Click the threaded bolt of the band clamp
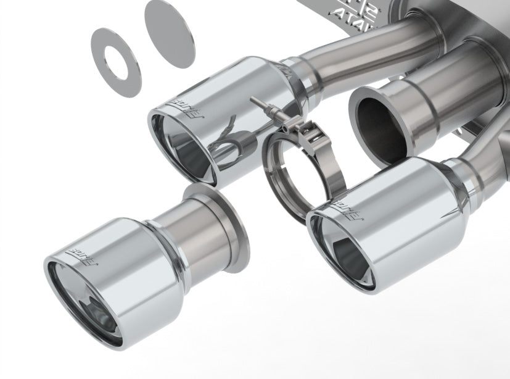coord(265,107)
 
